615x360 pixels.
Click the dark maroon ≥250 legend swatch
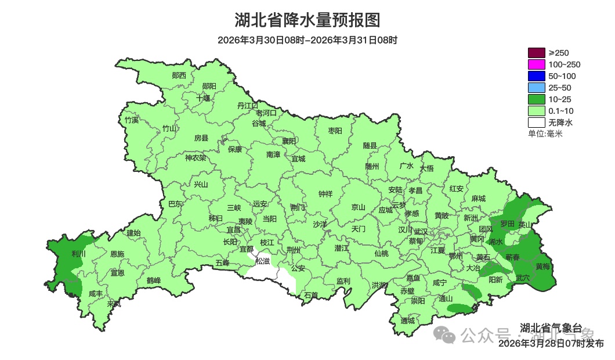pos(536,53)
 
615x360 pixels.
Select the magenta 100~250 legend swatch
pos(536,64)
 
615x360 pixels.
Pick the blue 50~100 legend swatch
pos(536,76)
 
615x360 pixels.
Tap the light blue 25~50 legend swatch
pos(536,88)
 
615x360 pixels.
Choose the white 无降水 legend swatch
pos(536,123)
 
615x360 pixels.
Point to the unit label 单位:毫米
pos(545,134)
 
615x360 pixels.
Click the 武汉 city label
pos(421,232)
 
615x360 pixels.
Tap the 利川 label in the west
pos(78,254)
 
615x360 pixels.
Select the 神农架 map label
pos(196,157)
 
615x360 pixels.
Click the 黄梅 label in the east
pos(543,267)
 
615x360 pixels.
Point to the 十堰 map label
pos(203,98)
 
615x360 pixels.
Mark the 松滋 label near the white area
pos(263,261)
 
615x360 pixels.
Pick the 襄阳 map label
pos(289,141)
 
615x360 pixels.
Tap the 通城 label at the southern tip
pos(408,321)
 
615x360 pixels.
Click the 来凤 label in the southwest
pos(114,304)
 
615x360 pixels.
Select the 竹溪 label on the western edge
pos(132,120)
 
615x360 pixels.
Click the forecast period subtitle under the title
pos(307,40)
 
